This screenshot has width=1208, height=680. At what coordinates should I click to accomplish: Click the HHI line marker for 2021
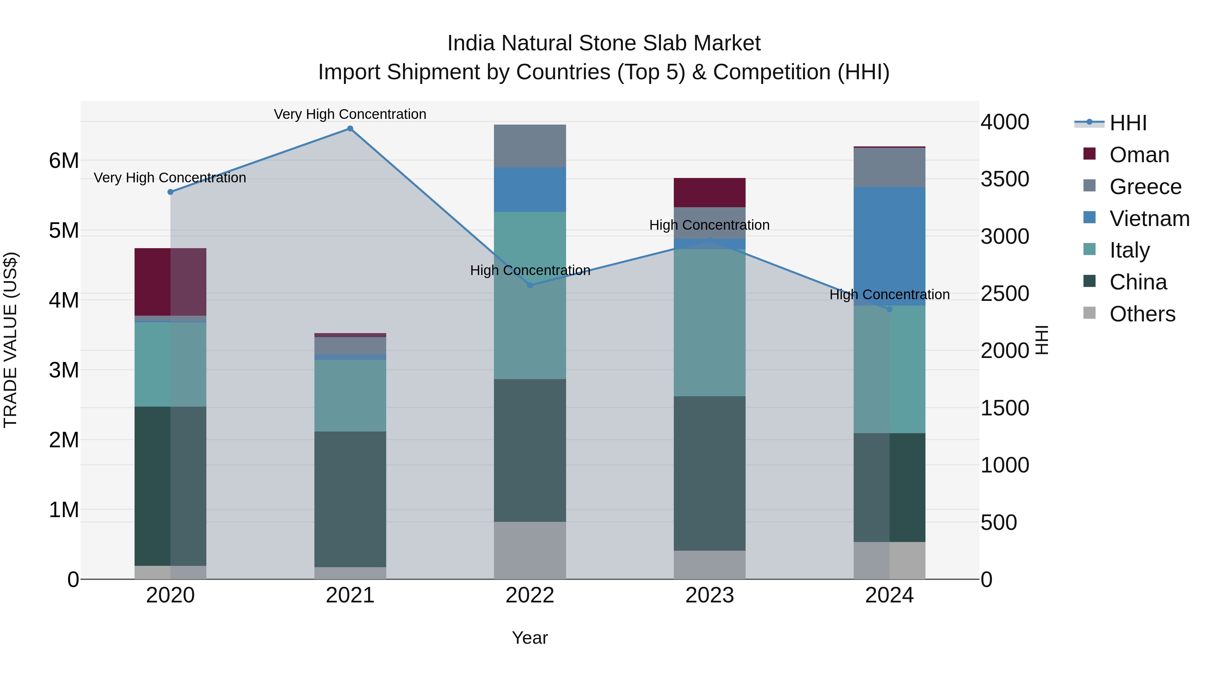click(350, 129)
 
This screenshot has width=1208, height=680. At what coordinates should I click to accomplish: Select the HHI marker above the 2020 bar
click(170, 192)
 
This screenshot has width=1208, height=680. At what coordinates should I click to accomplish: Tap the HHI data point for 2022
click(530, 285)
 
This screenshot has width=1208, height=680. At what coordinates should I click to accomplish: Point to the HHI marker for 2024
click(889, 309)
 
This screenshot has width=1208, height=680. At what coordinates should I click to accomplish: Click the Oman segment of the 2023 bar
click(709, 192)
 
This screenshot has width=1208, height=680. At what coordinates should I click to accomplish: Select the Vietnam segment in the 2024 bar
click(889, 246)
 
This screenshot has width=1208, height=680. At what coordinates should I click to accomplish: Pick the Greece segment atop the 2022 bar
click(530, 146)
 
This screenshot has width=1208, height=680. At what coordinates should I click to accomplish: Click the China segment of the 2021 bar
click(350, 499)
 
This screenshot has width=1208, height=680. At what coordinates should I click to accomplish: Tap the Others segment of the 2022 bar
click(530, 550)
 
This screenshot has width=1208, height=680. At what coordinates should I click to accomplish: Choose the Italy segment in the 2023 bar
click(709, 322)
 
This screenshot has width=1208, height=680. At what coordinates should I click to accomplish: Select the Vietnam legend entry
click(1149, 219)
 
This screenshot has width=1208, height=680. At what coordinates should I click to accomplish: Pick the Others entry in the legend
click(1142, 314)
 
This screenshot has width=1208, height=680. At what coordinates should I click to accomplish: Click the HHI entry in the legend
click(1128, 123)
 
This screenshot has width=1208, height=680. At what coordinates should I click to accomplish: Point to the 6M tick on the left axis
click(64, 161)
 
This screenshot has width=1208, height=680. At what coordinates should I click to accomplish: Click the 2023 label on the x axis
click(709, 595)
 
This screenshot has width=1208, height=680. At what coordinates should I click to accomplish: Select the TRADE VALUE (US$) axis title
click(10, 340)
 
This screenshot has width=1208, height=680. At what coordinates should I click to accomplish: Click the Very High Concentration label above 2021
click(350, 114)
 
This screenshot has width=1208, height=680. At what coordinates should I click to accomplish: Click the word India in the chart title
click(470, 43)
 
